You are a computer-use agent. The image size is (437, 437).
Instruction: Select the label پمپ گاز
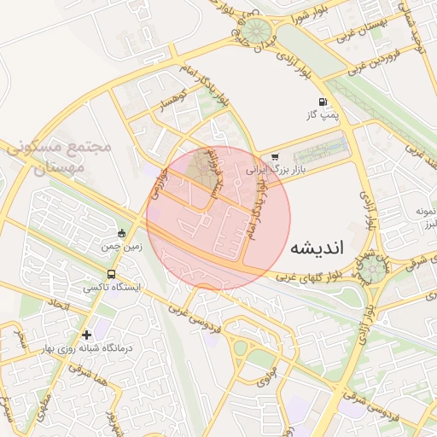pyautogui.click(x=324, y=114)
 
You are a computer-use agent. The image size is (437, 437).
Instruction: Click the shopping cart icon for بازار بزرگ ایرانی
pyautogui.click(x=275, y=157)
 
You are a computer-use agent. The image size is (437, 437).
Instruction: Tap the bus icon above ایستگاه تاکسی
pyautogui.click(x=112, y=275)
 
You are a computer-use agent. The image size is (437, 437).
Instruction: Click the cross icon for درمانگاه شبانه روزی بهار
pyautogui.click(x=86, y=335)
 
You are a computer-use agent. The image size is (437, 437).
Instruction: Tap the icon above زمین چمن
pyautogui.click(x=122, y=233)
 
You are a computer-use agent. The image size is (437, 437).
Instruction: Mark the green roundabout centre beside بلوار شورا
pyautogui.click(x=253, y=28)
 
